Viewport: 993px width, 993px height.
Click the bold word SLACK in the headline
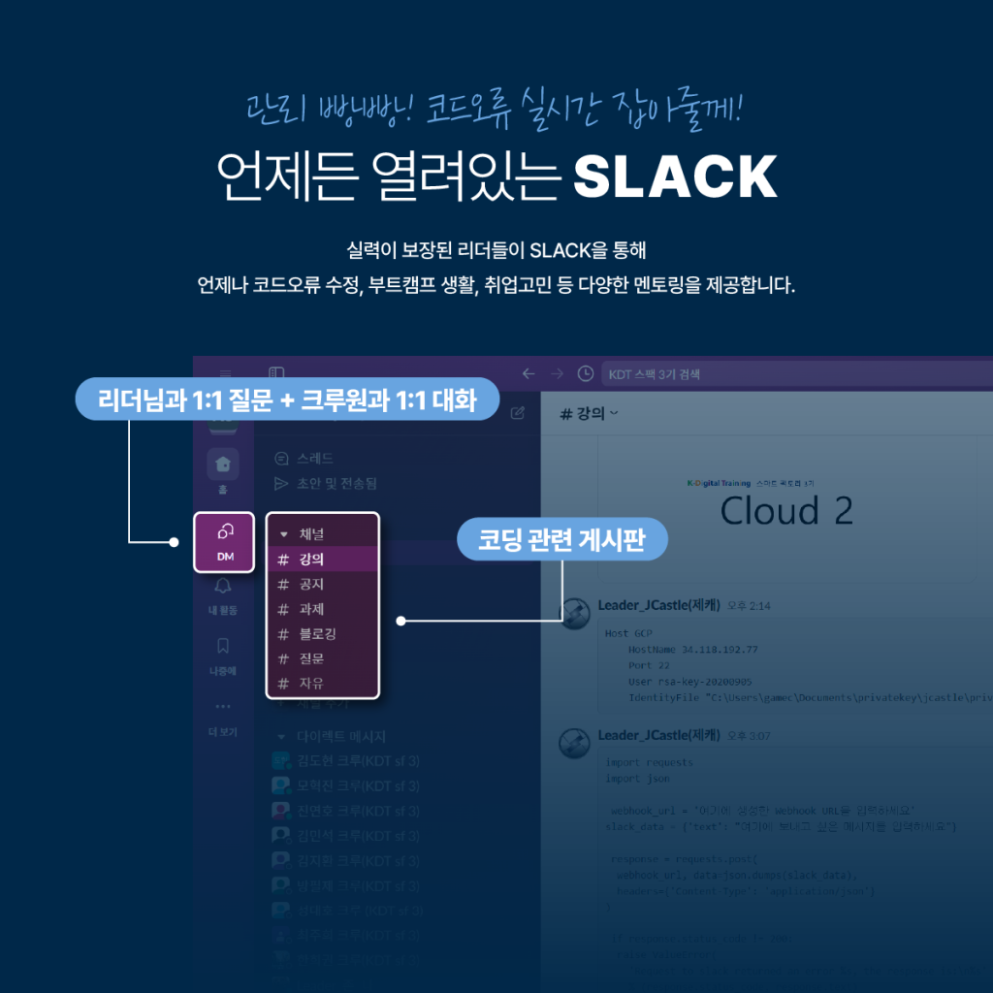(675, 176)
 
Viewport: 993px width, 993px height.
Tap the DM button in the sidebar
(224, 541)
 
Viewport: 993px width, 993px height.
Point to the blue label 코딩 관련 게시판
(562, 540)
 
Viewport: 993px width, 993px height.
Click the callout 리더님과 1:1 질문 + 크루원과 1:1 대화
(287, 399)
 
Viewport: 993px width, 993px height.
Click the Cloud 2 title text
(786, 510)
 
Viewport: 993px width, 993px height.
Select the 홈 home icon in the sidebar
(224, 464)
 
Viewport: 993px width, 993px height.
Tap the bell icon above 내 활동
(224, 586)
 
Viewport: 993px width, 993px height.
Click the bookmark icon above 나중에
(224, 646)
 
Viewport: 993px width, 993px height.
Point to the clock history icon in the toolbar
(585, 373)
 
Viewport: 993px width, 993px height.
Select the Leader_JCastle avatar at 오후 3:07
(574, 743)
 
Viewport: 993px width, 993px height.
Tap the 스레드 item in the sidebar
(315, 458)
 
